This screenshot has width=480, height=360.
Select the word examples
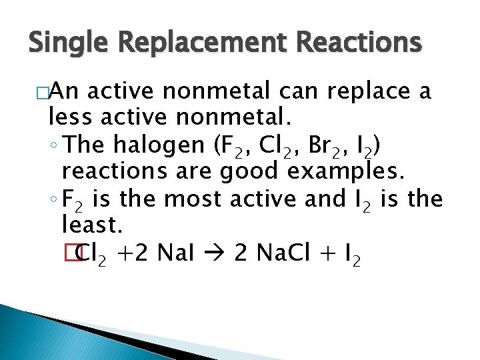(x=345, y=171)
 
